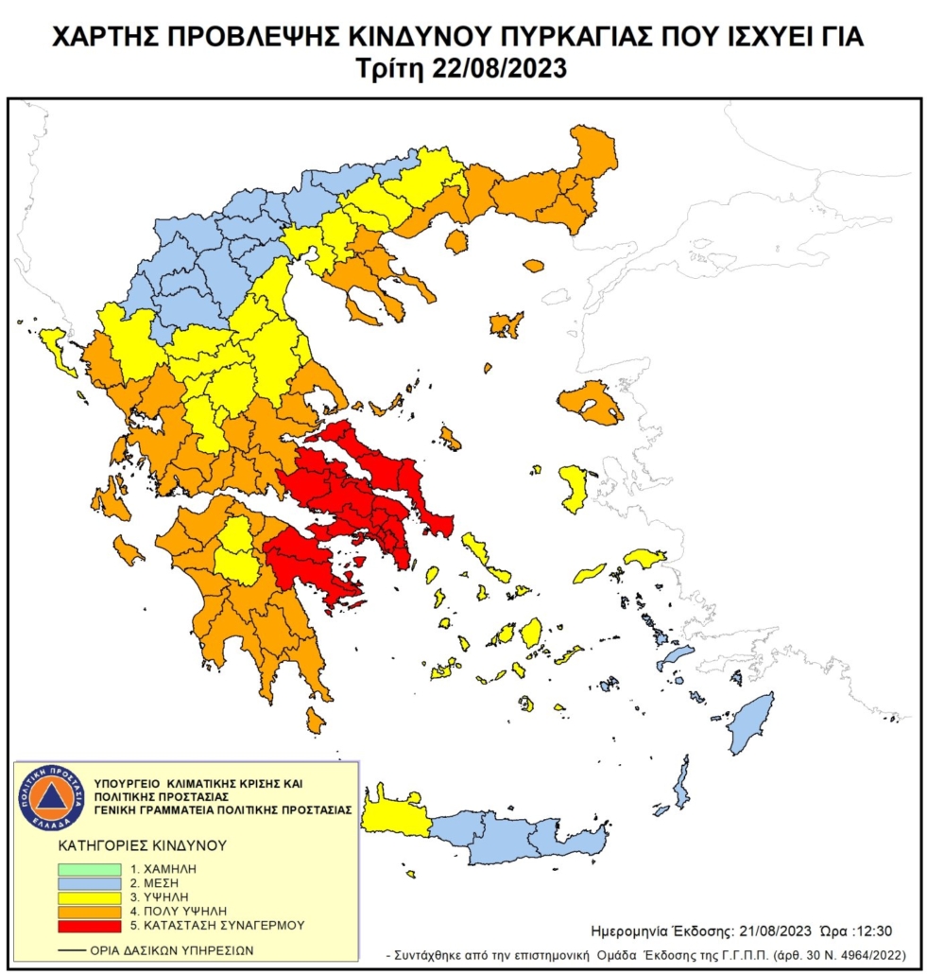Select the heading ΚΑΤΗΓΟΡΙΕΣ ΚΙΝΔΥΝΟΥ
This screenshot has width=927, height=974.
tap(142, 844)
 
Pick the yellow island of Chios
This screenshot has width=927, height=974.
tap(575, 488)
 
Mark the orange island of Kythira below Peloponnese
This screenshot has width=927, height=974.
tap(316, 722)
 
